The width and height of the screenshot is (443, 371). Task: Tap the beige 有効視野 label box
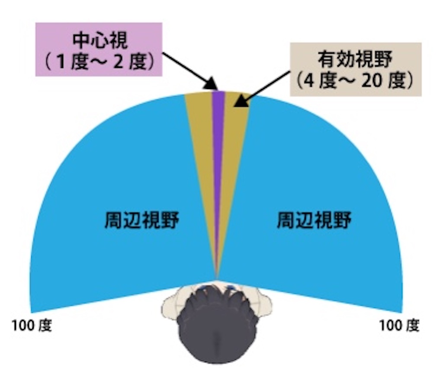tap(355, 69)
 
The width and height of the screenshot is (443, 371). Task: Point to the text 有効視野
tap(356, 60)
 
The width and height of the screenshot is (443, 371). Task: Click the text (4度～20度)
tap(355, 81)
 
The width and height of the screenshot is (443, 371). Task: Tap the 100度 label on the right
tap(399, 326)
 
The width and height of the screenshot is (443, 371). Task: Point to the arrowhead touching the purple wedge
tap(212, 83)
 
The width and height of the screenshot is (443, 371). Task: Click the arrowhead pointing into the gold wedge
tap(239, 102)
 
